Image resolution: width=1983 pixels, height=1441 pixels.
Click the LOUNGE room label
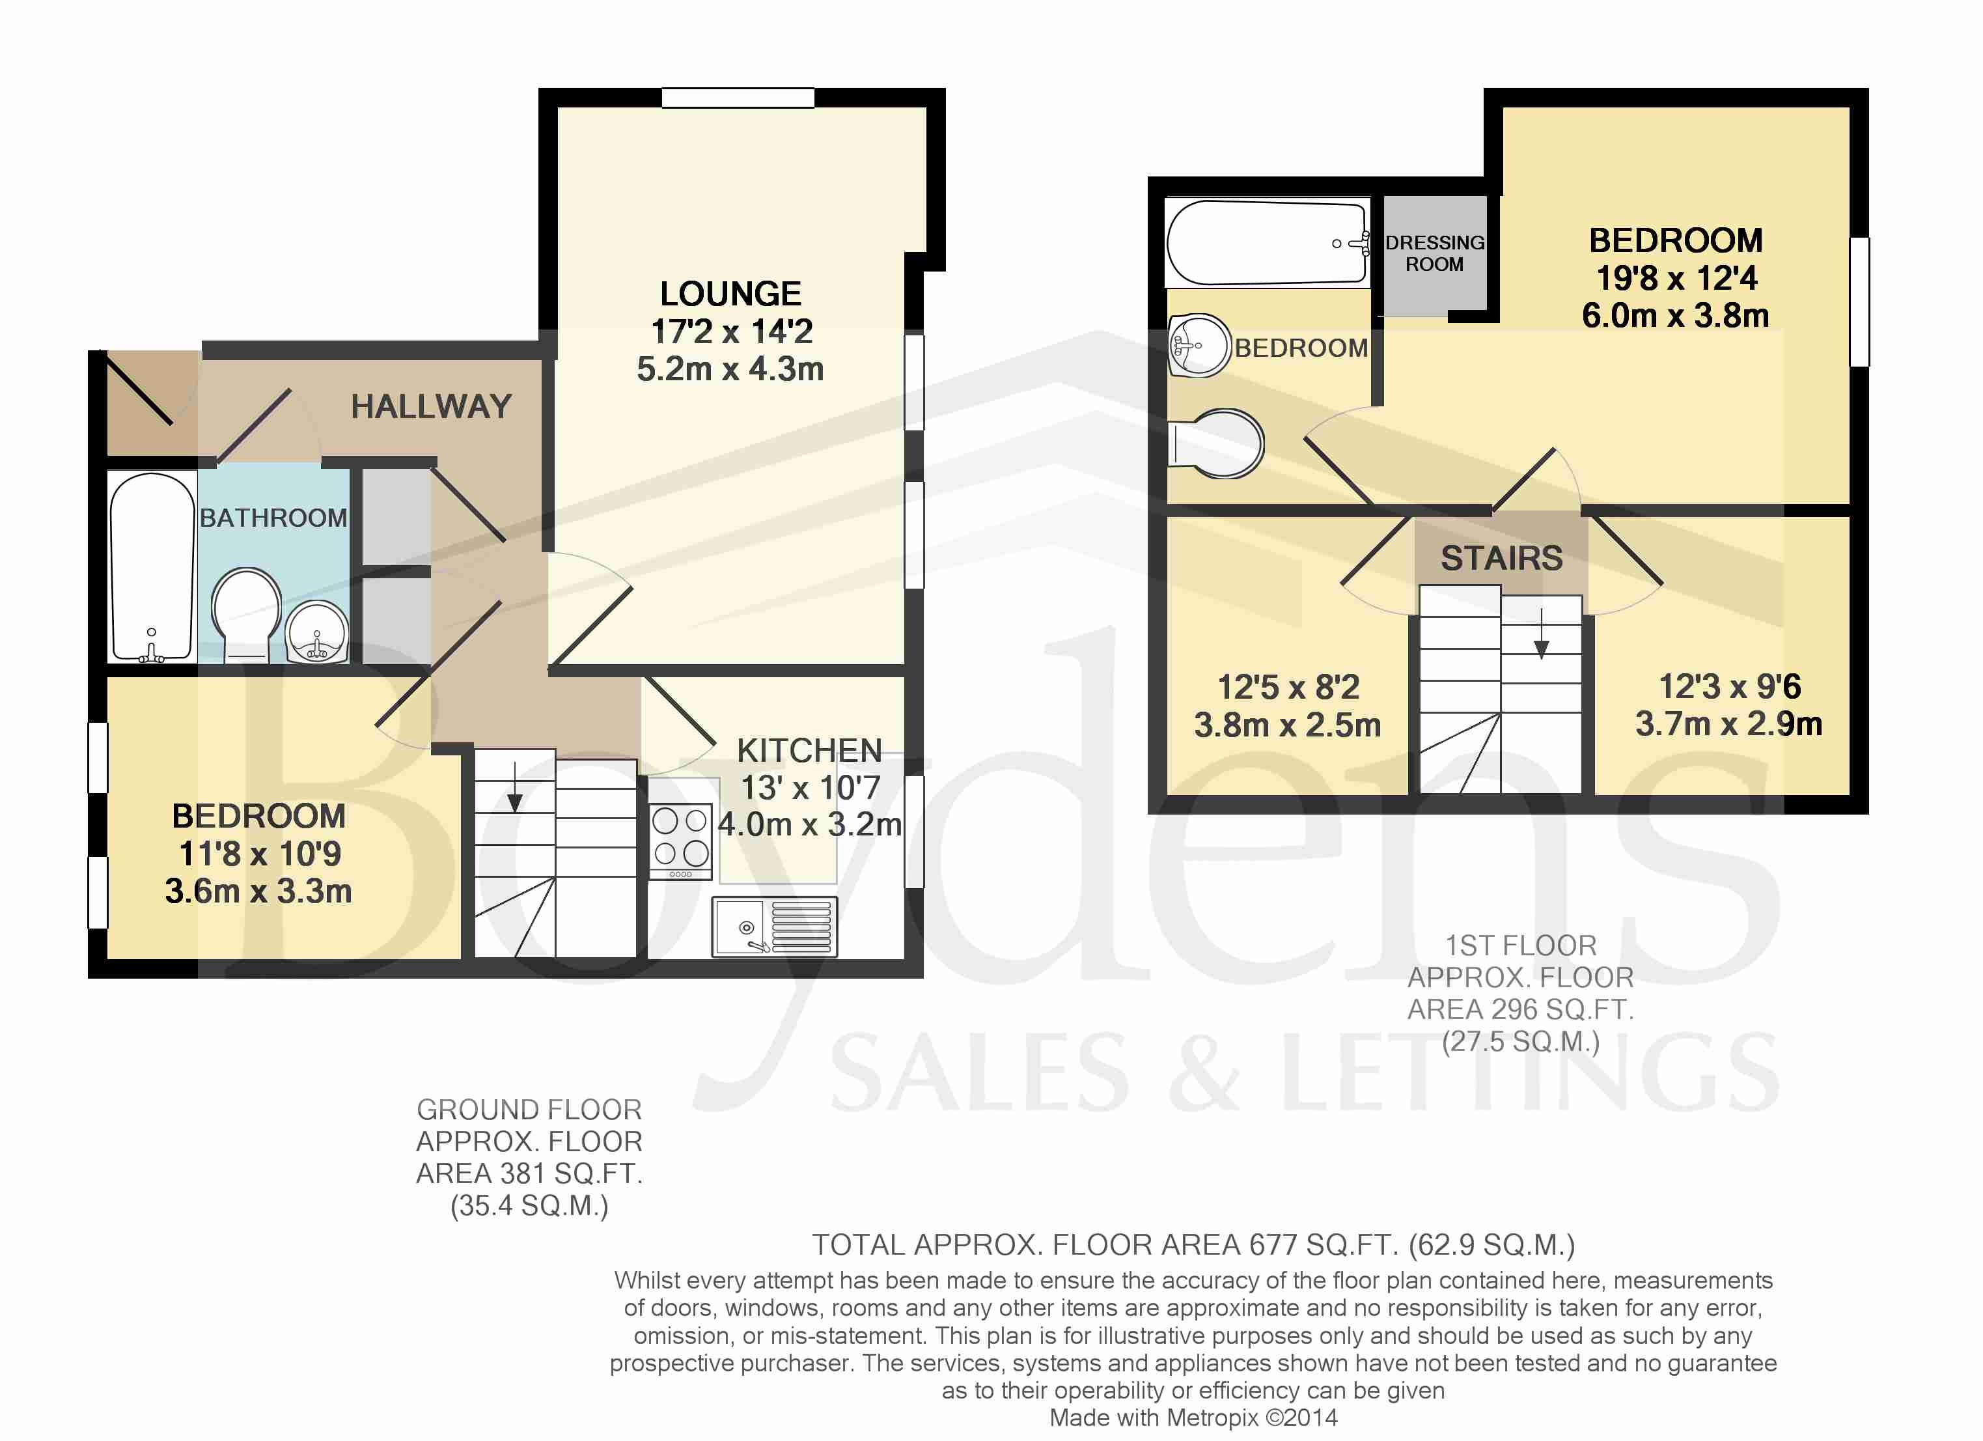(x=730, y=294)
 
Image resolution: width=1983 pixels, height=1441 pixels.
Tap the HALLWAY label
(x=431, y=406)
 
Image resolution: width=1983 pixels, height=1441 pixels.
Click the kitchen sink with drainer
(x=775, y=926)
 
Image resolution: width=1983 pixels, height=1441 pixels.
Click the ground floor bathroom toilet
(x=247, y=615)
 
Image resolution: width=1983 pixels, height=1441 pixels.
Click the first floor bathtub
(x=1267, y=243)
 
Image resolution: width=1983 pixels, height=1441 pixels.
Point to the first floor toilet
(x=1216, y=443)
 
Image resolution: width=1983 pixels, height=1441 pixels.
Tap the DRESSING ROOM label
(x=1435, y=253)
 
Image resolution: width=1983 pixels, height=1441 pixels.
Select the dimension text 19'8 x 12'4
(x=1676, y=278)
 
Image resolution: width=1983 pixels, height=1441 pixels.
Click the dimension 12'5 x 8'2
(x=1289, y=687)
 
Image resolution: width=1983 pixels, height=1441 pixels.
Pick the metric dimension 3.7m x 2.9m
(x=1728, y=724)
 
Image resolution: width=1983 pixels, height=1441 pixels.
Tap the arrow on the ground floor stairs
(x=515, y=787)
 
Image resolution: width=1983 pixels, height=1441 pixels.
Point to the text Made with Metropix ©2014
(x=1193, y=1418)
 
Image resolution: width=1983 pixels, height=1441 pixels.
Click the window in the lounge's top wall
(x=738, y=97)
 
